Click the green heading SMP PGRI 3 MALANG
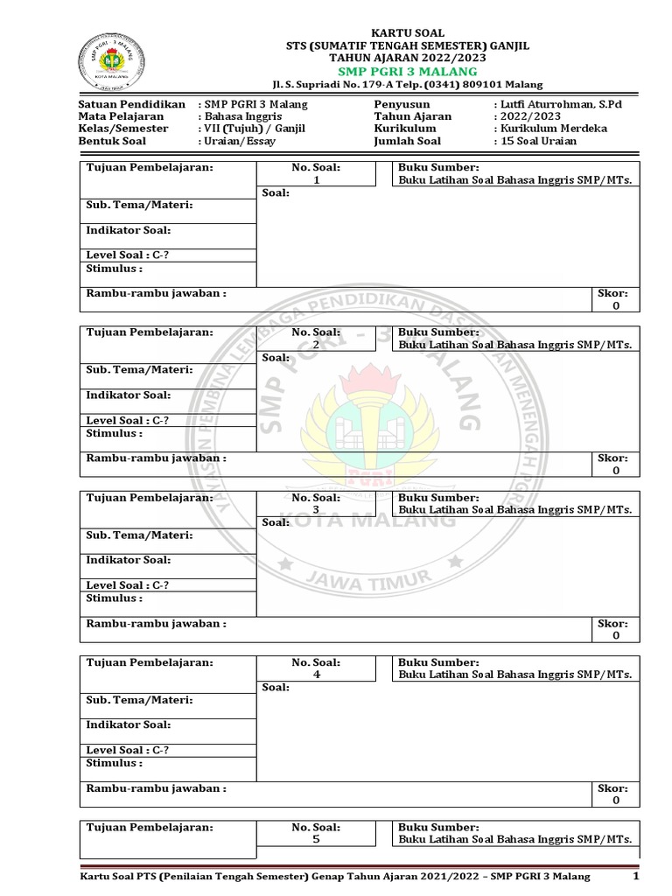pyautogui.click(x=403, y=71)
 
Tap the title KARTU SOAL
pyautogui.click(x=403, y=32)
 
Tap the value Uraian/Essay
pyautogui.click(x=239, y=141)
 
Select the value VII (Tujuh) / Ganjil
pyautogui.click(x=252, y=129)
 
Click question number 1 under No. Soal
pyautogui.click(x=316, y=180)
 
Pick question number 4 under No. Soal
pyautogui.click(x=316, y=675)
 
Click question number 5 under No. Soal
pyautogui.click(x=316, y=839)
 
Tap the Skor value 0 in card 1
pyautogui.click(x=616, y=306)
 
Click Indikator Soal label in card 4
pyautogui.click(x=128, y=724)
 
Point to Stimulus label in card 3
pyautogui.click(x=114, y=598)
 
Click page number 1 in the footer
pyautogui.click(x=636, y=877)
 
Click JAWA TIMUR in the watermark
pyautogui.click(x=367, y=577)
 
